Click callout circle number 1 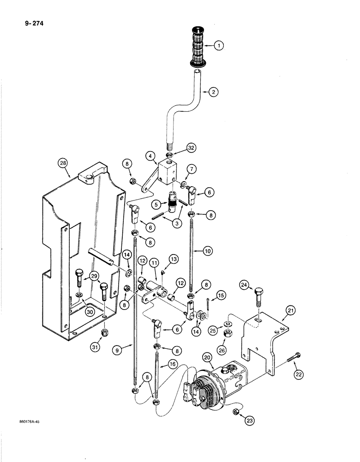point(219,46)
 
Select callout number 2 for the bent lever point(213,92)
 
